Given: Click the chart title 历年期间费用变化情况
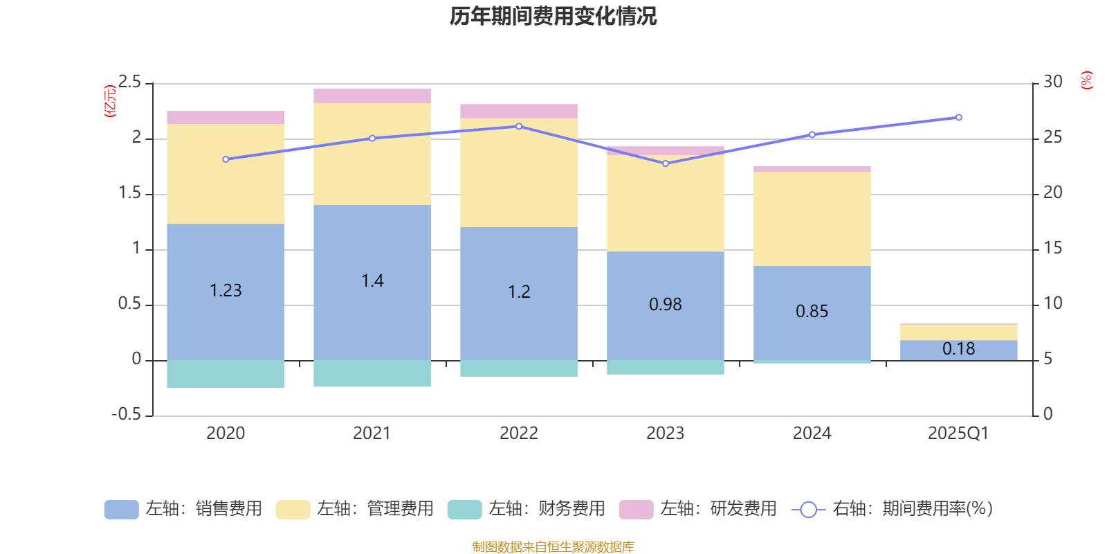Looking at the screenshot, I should click(x=553, y=16).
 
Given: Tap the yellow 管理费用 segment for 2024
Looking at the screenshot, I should click(x=812, y=218).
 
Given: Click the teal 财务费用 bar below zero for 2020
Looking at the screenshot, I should click(x=226, y=374).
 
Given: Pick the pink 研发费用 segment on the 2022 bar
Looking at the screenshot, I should click(x=519, y=111).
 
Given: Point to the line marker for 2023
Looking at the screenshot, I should click(x=666, y=163).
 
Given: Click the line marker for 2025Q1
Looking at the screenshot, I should click(x=958, y=118).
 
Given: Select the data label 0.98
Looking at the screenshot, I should click(x=666, y=304).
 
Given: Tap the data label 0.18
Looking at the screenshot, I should click(x=958, y=349).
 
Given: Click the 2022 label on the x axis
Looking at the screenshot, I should click(x=519, y=433).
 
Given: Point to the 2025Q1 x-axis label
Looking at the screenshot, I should click(x=958, y=433).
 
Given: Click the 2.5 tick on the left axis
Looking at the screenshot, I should click(x=129, y=82).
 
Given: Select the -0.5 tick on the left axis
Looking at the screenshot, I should click(x=126, y=414).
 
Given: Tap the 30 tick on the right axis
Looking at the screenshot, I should click(x=1053, y=82).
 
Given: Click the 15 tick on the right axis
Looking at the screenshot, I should click(x=1053, y=248).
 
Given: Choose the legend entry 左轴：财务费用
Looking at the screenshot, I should click(x=527, y=509).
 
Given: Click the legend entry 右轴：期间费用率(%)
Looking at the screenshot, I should click(x=893, y=509).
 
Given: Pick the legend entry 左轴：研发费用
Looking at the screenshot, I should click(x=699, y=509).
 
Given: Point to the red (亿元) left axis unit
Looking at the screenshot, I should click(x=110, y=101).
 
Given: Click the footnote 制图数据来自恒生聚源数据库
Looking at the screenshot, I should click(x=553, y=547).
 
